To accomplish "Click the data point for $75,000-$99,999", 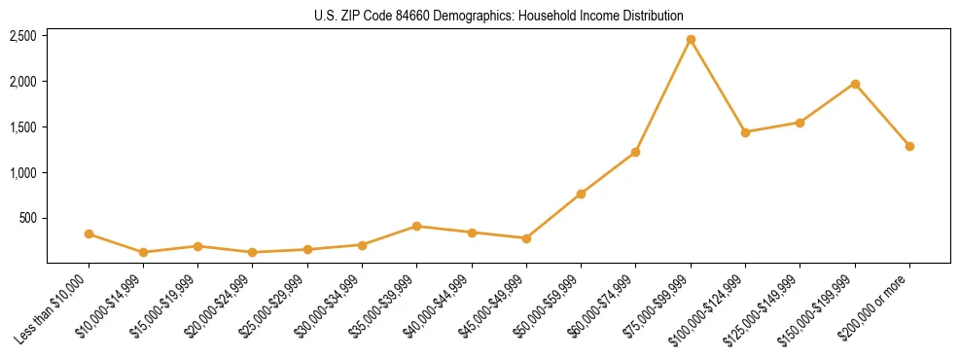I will coord(691,40).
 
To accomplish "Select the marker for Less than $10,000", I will coord(89,234).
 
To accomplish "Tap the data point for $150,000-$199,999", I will coord(855,84).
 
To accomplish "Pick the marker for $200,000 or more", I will coord(909,146).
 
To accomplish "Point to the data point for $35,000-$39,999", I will coord(417,226).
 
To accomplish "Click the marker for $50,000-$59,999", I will coord(581,194).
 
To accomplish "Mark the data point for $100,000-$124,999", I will coord(745,132).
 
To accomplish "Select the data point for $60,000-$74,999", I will coord(635,152).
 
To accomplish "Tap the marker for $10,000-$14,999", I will coord(143,252).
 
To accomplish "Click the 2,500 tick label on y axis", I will coord(23,36).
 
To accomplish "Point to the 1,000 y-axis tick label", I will coord(23,173).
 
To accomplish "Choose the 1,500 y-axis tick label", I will coord(23,127).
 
